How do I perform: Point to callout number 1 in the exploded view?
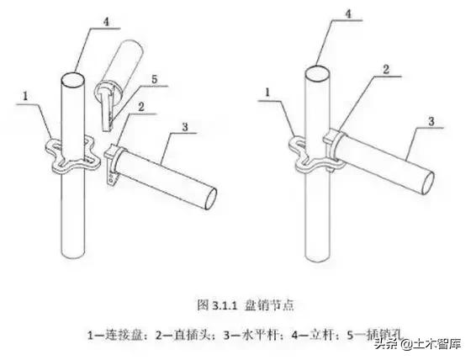(27, 98)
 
